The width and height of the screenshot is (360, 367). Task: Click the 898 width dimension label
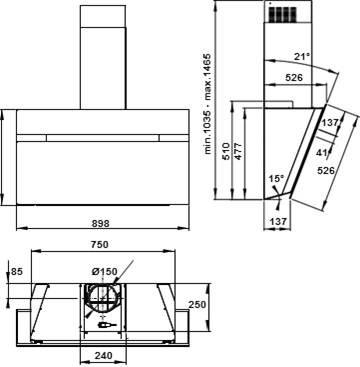click(100, 223)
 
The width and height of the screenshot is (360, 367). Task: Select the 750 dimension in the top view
click(99, 245)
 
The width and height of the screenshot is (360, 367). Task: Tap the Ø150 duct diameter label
click(104, 272)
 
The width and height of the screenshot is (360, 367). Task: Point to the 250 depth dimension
click(197, 305)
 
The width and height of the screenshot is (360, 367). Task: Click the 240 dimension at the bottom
click(103, 355)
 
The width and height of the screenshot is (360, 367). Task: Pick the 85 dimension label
click(17, 272)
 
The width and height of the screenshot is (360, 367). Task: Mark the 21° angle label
click(301, 57)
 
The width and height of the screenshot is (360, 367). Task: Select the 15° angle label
click(277, 179)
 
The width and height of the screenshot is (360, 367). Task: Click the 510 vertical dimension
click(226, 151)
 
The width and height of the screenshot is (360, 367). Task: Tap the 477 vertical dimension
click(238, 151)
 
